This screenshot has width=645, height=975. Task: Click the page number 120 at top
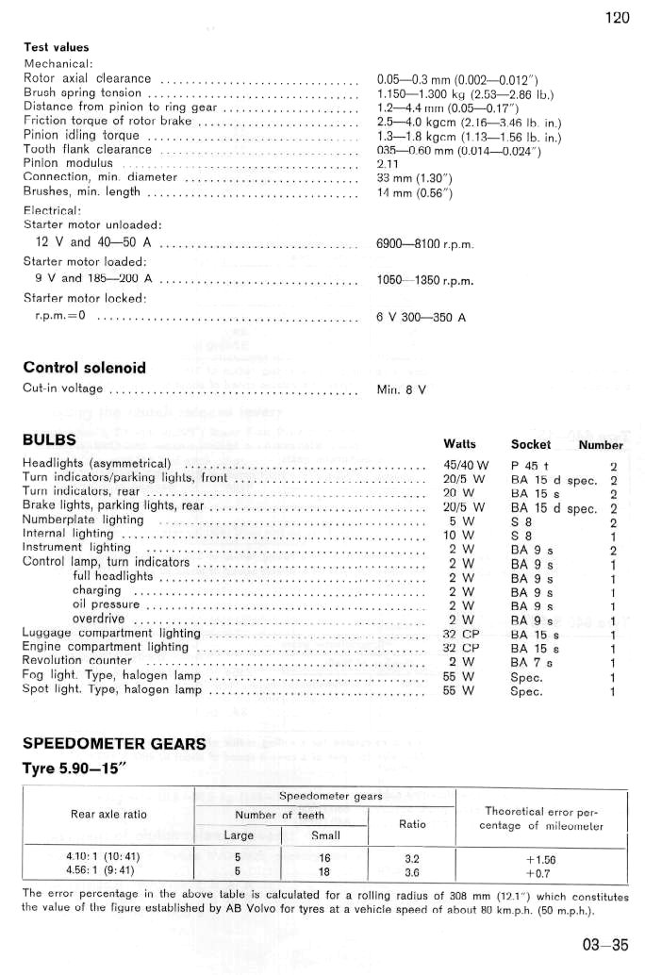click(618, 17)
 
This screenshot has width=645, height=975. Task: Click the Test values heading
click(56, 47)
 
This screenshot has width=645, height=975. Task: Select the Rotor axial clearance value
click(456, 78)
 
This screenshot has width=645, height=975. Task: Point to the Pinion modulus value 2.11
click(389, 163)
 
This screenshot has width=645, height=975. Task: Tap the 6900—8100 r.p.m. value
click(423, 244)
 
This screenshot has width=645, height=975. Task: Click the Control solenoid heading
click(84, 367)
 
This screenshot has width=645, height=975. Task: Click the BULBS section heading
click(50, 440)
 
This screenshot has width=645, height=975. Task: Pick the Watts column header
click(458, 444)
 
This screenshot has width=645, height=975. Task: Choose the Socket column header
click(531, 444)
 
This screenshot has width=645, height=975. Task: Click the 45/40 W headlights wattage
click(465, 464)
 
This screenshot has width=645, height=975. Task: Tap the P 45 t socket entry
click(531, 464)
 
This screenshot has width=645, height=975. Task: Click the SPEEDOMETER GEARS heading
click(114, 744)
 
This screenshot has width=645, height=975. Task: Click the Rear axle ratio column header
click(108, 814)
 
